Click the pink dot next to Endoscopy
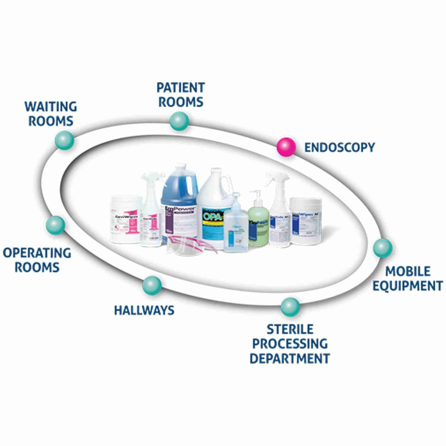(286, 147)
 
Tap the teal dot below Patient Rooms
(179, 121)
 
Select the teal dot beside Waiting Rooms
(64, 140)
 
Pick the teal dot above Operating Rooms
(55, 225)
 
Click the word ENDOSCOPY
(340, 147)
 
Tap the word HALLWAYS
(144, 311)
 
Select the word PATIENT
(181, 88)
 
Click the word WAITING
(51, 107)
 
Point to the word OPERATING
(37, 253)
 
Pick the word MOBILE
(408, 271)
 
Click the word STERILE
(290, 329)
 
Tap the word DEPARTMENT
(290, 358)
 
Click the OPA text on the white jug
(212, 216)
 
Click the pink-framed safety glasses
(191, 244)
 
